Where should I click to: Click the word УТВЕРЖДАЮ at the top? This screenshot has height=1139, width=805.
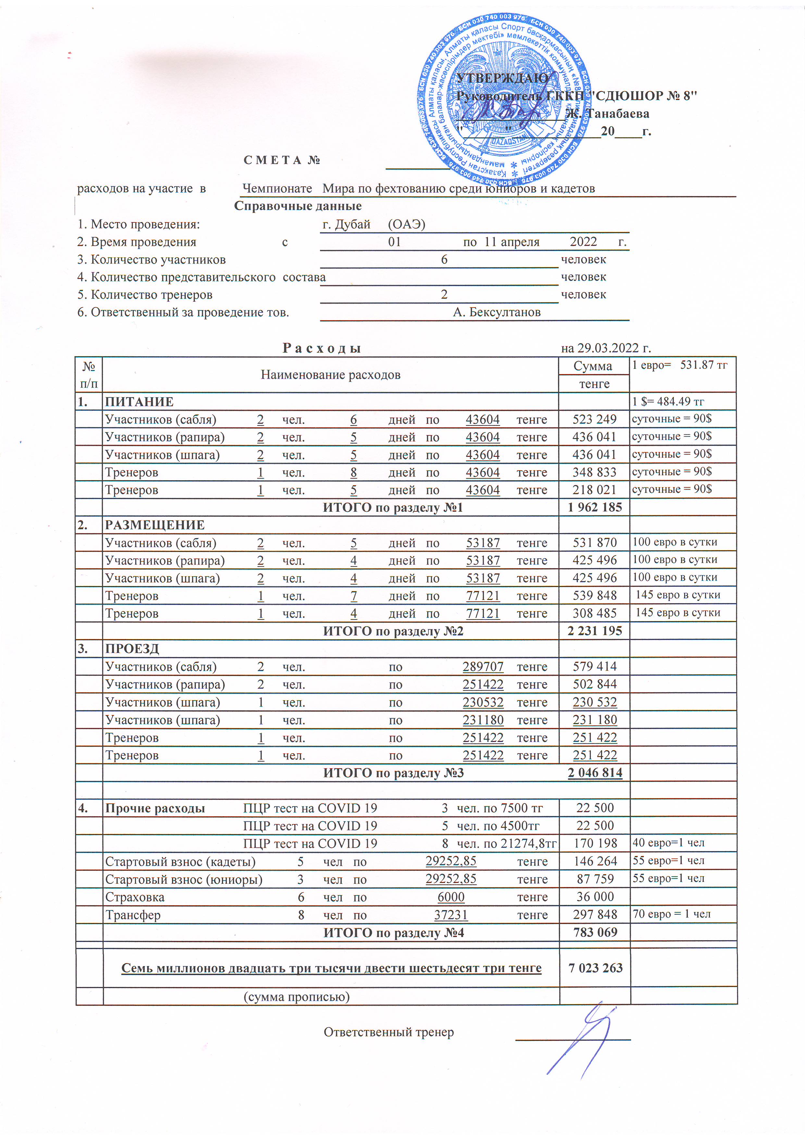tap(502, 78)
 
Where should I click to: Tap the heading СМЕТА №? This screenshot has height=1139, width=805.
tap(282, 160)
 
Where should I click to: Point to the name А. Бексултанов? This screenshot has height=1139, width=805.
tap(497, 312)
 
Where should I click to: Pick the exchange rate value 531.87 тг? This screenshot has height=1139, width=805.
tap(703, 365)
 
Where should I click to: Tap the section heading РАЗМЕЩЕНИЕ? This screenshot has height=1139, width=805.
tap(155, 525)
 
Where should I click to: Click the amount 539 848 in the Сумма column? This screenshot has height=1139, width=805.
tap(595, 595)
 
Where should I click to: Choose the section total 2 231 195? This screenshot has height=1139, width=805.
tap(595, 631)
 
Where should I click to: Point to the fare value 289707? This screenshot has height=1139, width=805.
tap(483, 666)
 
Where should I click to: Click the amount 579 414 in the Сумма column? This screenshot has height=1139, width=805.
tap(595, 666)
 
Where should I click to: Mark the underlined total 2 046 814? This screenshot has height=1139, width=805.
tap(595, 772)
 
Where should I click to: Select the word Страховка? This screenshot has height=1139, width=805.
tap(134, 897)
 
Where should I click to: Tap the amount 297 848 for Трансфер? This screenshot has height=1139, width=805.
tap(595, 914)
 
